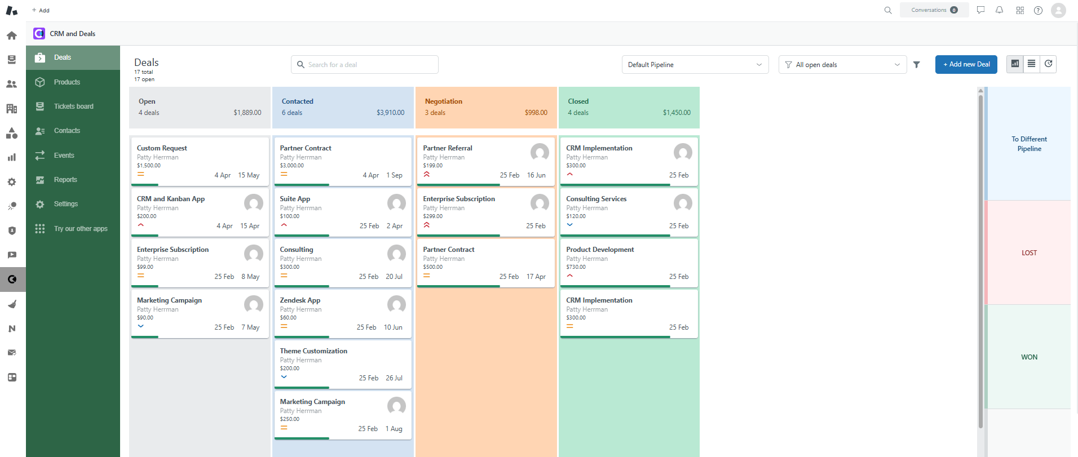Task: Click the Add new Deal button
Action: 966,64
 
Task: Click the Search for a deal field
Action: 365,65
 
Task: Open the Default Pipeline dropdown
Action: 695,65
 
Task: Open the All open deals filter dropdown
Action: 842,65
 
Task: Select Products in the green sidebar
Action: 67,82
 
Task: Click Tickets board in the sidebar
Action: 73,107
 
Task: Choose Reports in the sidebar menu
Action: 65,180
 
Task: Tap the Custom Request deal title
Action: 162,148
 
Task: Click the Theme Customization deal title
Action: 313,351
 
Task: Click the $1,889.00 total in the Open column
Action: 247,113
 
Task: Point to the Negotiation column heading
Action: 443,101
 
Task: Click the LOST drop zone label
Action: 1029,253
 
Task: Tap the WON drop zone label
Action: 1029,357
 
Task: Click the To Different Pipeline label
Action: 1029,144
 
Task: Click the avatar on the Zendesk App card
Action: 396,304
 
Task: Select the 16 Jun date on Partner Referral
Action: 536,175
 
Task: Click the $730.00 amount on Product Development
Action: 576,267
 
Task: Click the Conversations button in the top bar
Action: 934,10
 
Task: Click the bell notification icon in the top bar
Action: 999,10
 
